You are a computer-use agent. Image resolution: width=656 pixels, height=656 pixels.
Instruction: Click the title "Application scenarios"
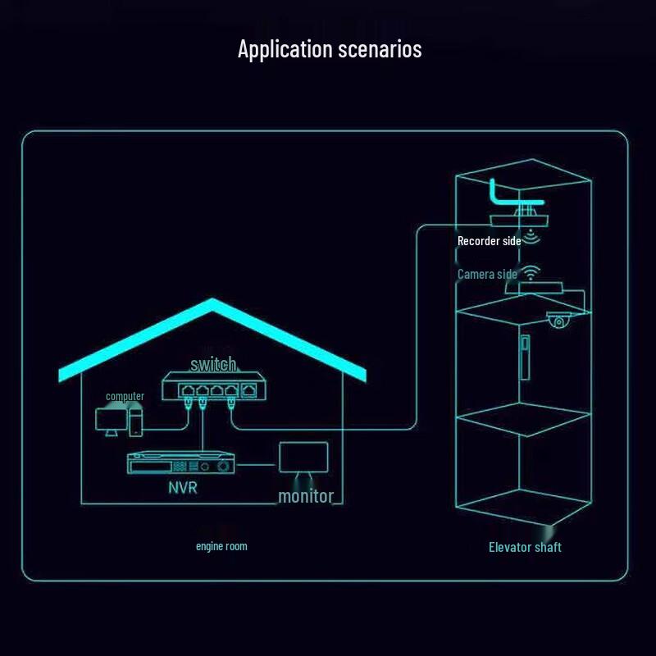330,49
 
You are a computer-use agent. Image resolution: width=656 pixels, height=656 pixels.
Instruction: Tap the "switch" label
213,364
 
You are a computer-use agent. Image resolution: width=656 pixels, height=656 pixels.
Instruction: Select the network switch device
212,388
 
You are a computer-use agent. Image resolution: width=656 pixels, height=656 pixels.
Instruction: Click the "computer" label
125,397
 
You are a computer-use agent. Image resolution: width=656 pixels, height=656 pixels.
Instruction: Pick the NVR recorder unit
180,464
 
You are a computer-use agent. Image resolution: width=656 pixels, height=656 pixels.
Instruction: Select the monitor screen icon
303,457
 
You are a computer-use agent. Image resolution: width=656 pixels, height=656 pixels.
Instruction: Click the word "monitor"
306,496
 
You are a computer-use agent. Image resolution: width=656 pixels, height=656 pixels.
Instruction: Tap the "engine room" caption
221,546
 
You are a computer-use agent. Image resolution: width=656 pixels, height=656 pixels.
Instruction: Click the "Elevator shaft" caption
525,547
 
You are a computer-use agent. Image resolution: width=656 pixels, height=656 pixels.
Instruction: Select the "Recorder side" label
489,241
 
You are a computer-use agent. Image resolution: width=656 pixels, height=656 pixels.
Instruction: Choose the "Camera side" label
487,274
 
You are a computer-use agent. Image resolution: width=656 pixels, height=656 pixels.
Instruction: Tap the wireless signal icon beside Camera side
532,273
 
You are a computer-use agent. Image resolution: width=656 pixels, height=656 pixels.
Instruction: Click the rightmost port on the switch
248,390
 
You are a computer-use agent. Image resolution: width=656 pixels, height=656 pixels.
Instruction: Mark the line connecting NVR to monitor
258,465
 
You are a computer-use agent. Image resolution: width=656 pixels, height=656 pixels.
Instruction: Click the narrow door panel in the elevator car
523,356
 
